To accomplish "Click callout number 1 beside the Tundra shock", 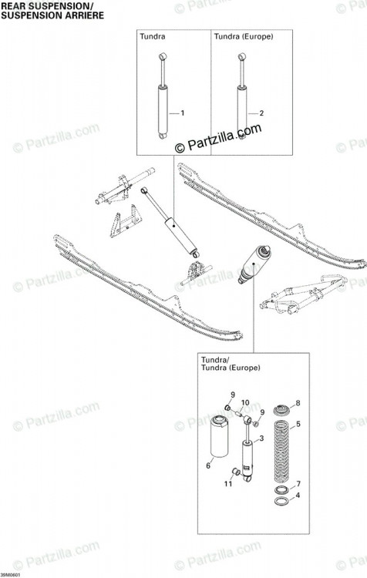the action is (x=182, y=113).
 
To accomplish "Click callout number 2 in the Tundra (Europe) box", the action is (x=261, y=113).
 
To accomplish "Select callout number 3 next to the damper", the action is (x=261, y=439).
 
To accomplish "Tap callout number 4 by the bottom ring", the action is (x=298, y=495).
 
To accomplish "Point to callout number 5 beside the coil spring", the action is (x=298, y=425).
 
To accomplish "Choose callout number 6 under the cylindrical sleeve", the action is (x=208, y=466).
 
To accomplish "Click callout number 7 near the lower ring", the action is (x=298, y=484).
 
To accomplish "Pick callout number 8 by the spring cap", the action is (x=298, y=403).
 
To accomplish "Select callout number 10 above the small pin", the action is (x=245, y=402).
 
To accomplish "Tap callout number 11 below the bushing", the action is (x=228, y=483).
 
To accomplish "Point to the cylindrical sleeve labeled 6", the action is (x=219, y=436).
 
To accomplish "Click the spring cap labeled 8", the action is (x=282, y=409).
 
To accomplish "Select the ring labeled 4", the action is (x=282, y=502).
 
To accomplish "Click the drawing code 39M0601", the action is (x=10, y=575).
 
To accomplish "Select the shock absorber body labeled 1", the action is (x=163, y=110).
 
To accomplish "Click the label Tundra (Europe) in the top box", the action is (x=244, y=36).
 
